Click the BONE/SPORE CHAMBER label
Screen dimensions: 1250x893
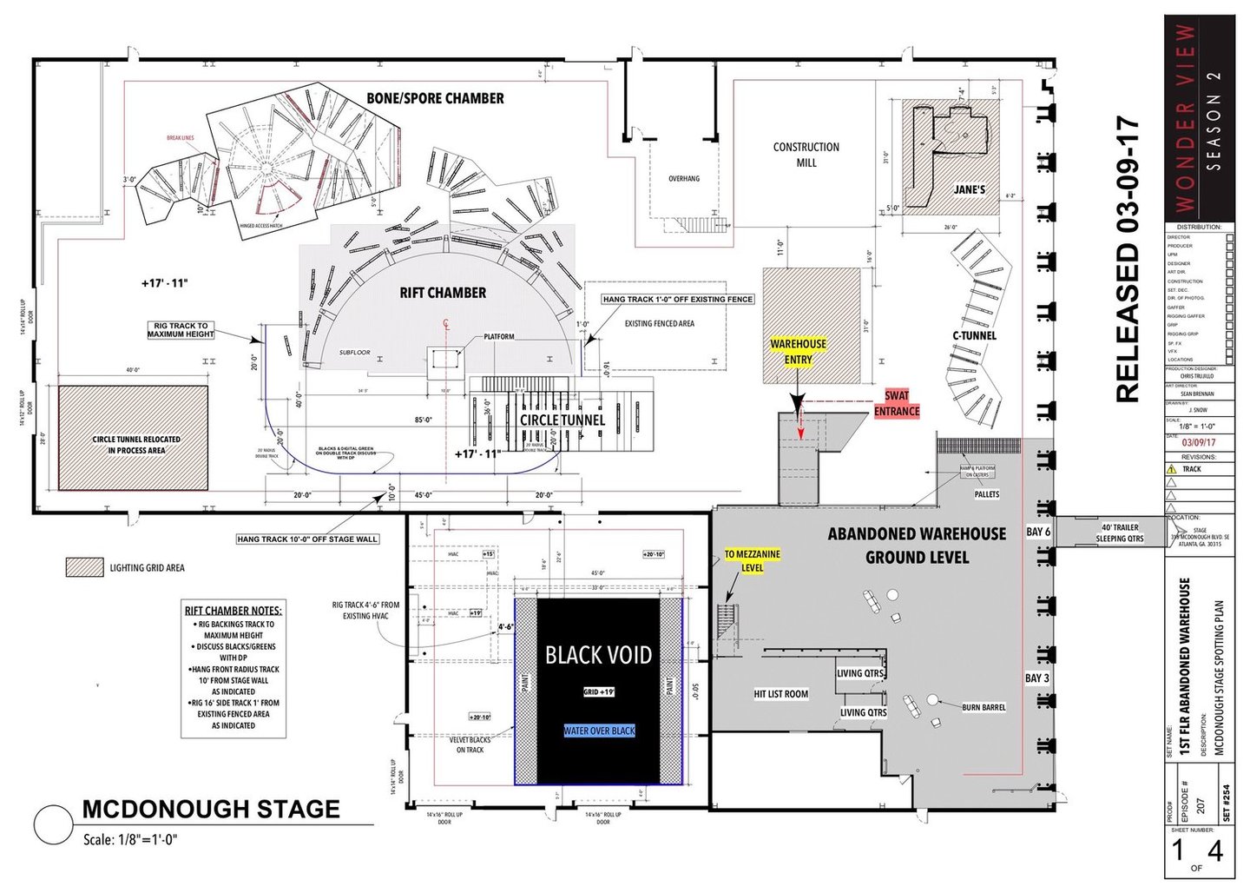click(x=435, y=98)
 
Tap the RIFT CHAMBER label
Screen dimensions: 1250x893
click(x=443, y=293)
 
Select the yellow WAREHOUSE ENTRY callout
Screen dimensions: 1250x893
click(x=799, y=352)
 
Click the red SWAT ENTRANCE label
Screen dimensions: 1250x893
click(x=897, y=404)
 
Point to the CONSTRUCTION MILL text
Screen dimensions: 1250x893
click(x=806, y=155)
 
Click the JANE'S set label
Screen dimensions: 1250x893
click(x=970, y=189)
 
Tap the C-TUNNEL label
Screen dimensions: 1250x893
click(x=974, y=335)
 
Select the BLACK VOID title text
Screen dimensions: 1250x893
click(x=598, y=655)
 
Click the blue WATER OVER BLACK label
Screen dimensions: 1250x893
click(x=599, y=731)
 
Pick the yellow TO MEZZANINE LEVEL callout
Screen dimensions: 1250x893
click(x=753, y=561)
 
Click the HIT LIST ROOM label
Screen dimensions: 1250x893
click(x=781, y=694)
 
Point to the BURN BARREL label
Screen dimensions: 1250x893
click(x=984, y=708)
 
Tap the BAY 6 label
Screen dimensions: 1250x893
click(x=1038, y=532)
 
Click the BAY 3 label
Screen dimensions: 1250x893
click(x=1037, y=678)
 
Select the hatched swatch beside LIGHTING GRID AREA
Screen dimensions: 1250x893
click(x=84, y=567)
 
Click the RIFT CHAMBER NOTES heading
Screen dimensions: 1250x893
click(x=234, y=611)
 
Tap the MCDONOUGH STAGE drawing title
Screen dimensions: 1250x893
click(x=211, y=810)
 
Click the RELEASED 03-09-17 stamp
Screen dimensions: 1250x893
click(x=1127, y=260)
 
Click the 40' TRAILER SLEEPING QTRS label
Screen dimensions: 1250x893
click(x=1120, y=532)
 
